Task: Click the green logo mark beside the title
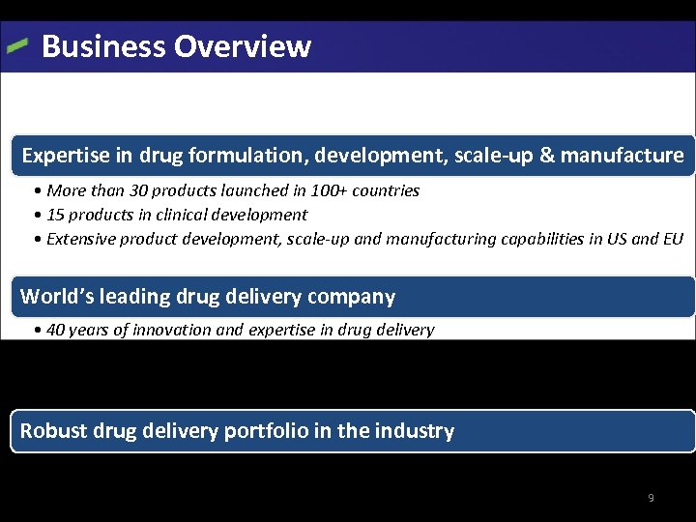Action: (x=17, y=45)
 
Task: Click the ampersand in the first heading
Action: (x=546, y=155)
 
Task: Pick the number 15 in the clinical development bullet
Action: (x=56, y=215)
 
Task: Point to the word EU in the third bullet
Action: (x=673, y=239)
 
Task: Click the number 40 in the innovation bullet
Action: (x=56, y=330)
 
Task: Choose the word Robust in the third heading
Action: (x=53, y=431)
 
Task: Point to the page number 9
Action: (x=651, y=498)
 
